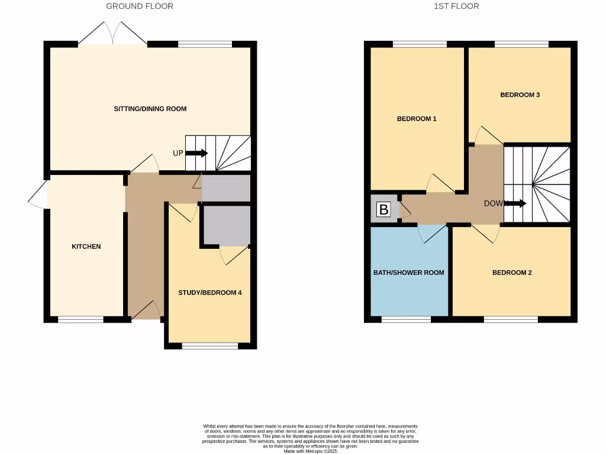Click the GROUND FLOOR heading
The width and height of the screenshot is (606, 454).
(x=140, y=7)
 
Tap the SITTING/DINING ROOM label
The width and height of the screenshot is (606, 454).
(x=150, y=109)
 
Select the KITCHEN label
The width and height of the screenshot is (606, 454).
(x=86, y=247)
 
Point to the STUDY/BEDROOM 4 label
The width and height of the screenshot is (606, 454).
(x=210, y=293)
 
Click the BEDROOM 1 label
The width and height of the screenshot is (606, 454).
(x=417, y=119)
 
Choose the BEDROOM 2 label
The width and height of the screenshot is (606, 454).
(x=512, y=273)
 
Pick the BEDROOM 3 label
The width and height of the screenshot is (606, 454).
(x=520, y=95)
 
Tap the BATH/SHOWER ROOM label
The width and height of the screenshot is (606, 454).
(x=408, y=273)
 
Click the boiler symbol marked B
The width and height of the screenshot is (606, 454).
(x=383, y=209)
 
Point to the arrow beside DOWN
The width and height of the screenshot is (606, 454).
(x=517, y=203)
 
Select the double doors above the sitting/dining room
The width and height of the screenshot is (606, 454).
(x=112, y=34)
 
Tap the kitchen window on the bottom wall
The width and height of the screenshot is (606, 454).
(x=81, y=320)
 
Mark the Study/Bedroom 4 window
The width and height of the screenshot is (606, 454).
(x=209, y=346)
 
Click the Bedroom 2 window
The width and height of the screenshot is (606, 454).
(x=511, y=320)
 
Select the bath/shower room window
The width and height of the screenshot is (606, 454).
(x=406, y=320)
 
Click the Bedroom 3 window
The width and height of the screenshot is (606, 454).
(x=521, y=44)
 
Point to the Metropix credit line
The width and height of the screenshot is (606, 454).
(x=310, y=451)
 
